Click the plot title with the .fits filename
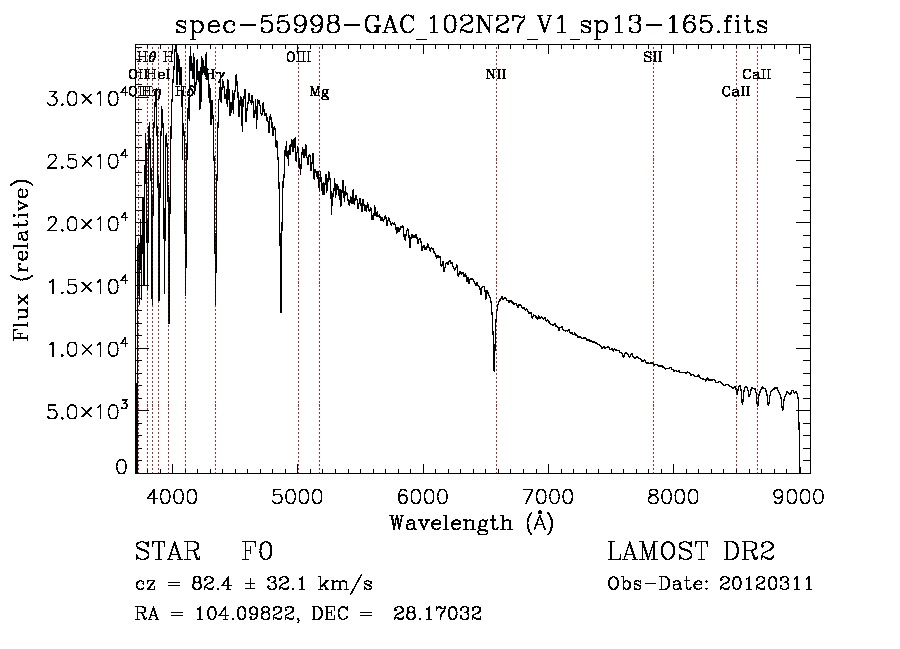point(470,24)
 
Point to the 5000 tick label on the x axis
point(297,494)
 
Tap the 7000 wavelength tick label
point(548,494)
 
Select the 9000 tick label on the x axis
point(798,494)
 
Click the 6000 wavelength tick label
point(423,494)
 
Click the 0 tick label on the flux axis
point(122,467)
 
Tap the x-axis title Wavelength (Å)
point(470,522)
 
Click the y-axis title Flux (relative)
point(21,260)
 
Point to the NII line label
point(496,74)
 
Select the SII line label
point(652,57)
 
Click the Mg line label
point(319,92)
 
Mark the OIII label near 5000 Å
point(298,57)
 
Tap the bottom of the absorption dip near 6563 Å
point(494,369)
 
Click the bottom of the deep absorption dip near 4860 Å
point(281,311)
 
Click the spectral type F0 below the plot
point(258,553)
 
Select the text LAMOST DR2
point(691,553)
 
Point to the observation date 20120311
point(766,584)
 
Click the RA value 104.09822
point(219,614)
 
